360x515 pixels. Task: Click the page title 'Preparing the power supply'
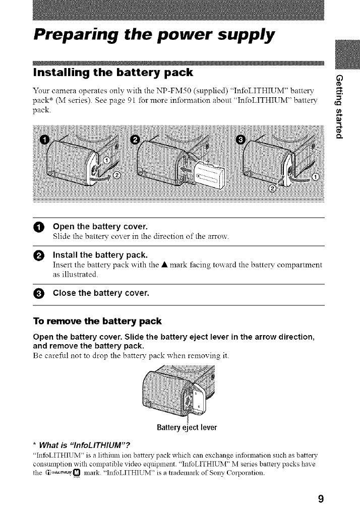[154, 35]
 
